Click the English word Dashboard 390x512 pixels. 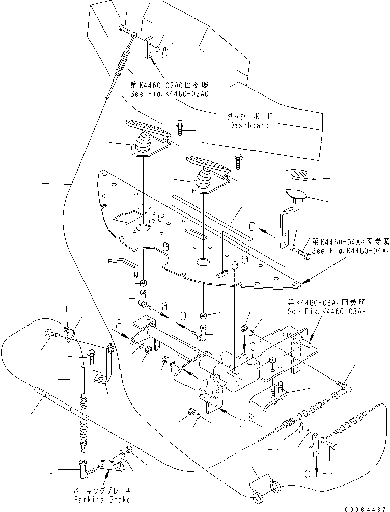(x=249, y=125)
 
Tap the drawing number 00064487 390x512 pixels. (x=366, y=508)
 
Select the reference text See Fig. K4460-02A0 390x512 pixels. (x=162, y=94)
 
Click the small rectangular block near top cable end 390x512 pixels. (x=149, y=47)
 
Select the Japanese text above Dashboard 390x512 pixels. (x=249, y=116)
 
